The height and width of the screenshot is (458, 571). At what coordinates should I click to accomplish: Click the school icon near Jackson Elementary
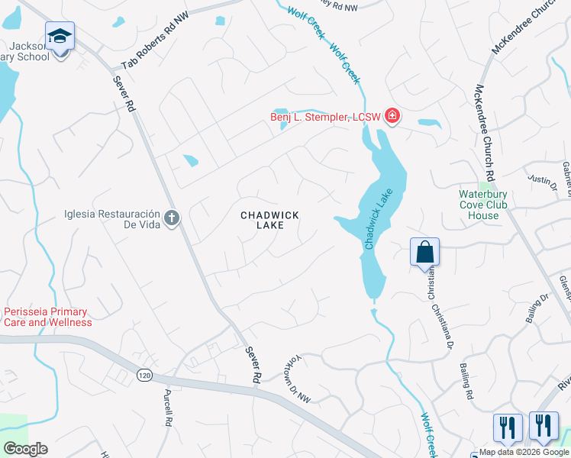pyautogui.click(x=60, y=36)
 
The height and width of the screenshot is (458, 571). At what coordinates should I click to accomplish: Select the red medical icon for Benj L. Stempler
pyautogui.click(x=392, y=117)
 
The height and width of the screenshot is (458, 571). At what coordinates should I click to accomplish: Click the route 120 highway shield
pyautogui.click(x=144, y=375)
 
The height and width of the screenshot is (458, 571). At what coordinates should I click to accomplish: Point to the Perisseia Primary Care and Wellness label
pyautogui.click(x=47, y=317)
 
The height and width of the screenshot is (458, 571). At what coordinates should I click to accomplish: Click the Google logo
pyautogui.click(x=25, y=449)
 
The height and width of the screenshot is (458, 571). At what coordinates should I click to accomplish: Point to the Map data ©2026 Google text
pyautogui.click(x=524, y=452)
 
